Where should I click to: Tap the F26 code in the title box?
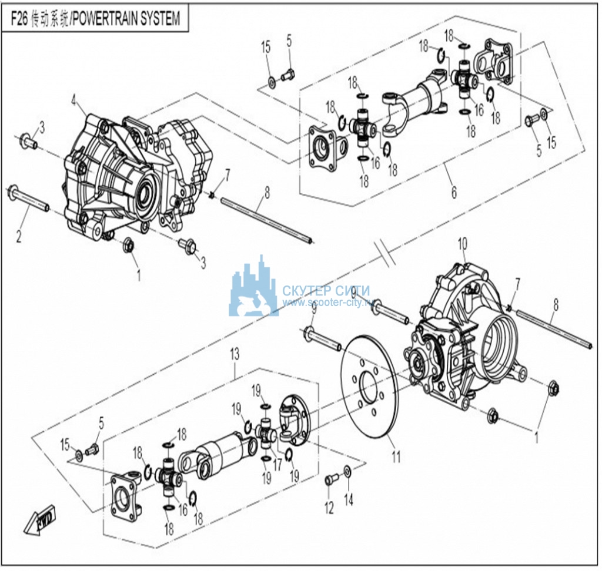point(21,19)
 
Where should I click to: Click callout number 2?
point(19,237)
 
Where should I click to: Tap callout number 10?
point(462,241)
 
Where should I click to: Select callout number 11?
point(396,455)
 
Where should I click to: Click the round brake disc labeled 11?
point(369,388)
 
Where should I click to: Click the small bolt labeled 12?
point(329,480)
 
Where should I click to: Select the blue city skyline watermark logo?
point(254,288)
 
